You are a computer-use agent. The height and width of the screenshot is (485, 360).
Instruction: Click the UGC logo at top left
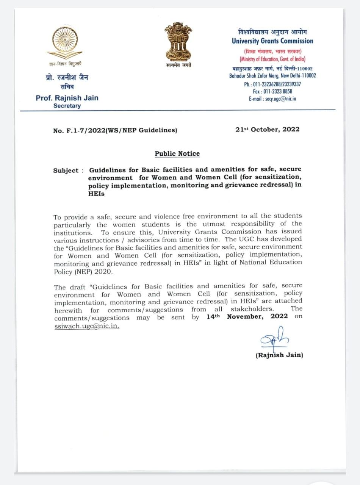click(67, 41)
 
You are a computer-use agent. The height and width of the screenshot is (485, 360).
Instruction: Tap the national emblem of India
click(178, 41)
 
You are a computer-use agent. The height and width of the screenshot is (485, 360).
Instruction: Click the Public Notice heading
click(177, 153)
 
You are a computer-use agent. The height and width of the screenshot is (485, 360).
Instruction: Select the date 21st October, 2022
click(267, 129)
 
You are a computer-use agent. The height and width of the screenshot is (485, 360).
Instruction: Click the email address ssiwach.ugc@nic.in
click(86, 326)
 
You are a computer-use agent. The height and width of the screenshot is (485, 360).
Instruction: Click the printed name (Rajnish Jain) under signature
click(279, 355)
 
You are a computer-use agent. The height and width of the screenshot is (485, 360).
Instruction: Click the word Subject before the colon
click(66, 171)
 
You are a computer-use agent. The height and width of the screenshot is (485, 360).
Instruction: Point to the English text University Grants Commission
click(272, 41)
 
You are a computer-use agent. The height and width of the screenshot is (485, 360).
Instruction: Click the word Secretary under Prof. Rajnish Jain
click(67, 106)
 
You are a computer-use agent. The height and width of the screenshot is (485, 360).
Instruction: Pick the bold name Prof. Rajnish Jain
click(67, 98)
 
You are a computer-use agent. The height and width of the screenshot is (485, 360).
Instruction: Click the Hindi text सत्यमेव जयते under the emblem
click(178, 65)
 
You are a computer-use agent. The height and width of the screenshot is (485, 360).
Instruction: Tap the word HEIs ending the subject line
click(96, 193)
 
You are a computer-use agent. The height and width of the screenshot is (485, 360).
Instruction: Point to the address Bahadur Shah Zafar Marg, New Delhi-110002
click(272, 76)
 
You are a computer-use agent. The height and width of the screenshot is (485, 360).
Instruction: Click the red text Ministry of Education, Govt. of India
click(272, 59)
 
